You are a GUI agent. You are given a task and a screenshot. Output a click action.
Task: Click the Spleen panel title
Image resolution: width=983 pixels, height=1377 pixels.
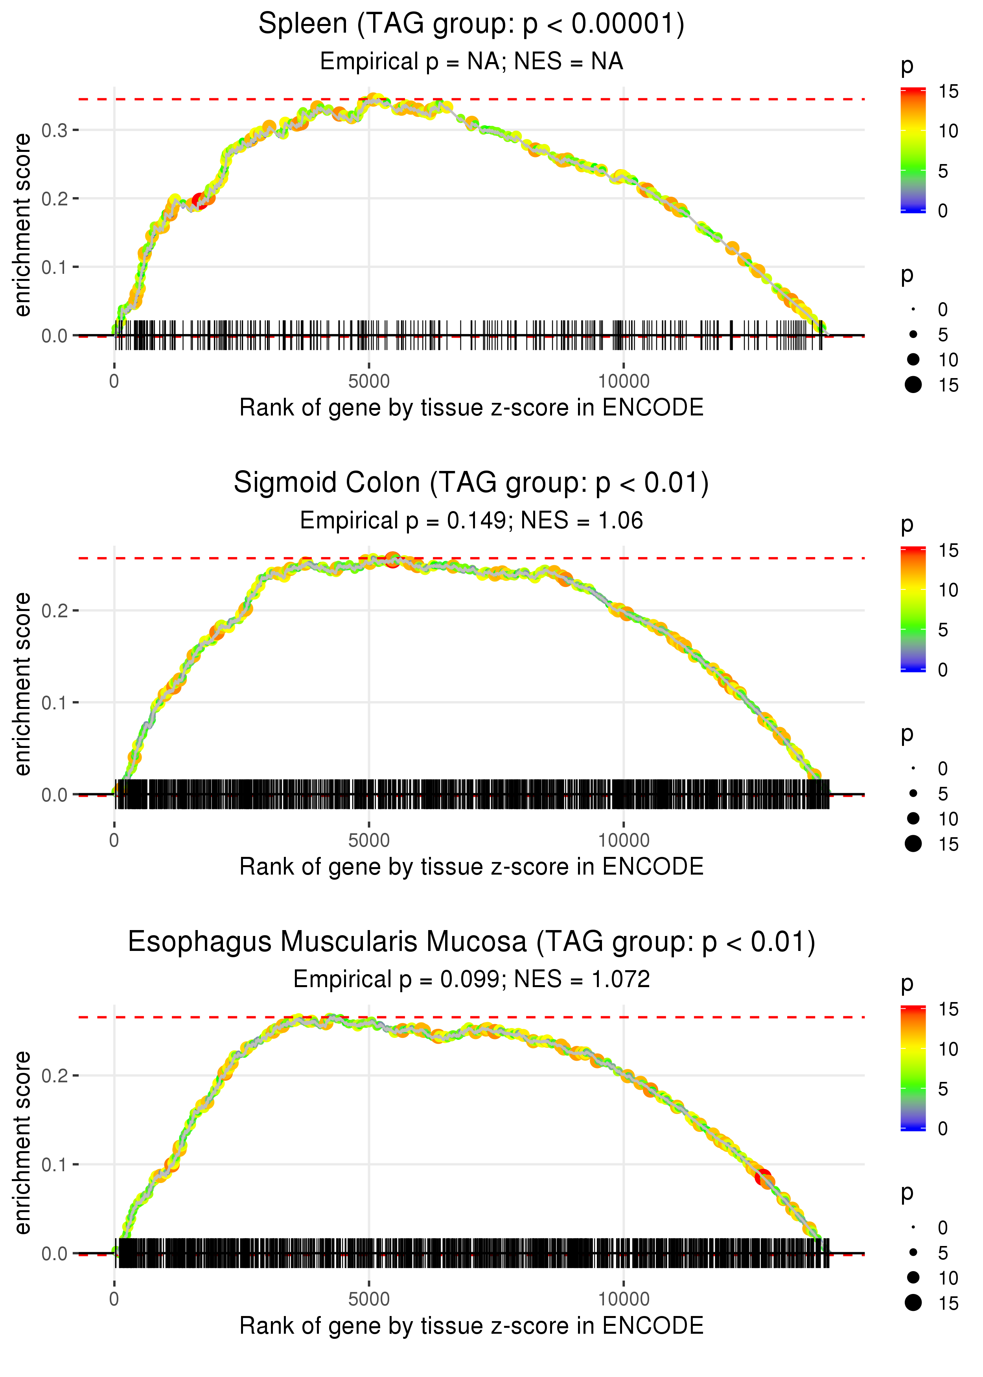tap(471, 24)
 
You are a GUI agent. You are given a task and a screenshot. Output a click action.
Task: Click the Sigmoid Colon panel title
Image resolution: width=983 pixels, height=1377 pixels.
tap(471, 483)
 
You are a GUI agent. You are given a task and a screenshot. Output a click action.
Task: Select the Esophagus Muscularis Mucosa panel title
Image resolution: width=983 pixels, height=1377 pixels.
tap(471, 942)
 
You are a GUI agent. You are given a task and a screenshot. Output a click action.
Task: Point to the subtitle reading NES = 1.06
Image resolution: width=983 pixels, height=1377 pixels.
tap(471, 521)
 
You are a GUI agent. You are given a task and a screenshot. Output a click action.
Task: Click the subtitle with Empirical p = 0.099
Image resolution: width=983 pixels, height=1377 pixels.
tap(471, 979)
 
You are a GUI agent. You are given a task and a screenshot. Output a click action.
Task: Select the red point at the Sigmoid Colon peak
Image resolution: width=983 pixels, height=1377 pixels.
tap(392, 559)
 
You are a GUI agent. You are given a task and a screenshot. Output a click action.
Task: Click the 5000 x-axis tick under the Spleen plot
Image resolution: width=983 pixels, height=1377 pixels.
tap(369, 382)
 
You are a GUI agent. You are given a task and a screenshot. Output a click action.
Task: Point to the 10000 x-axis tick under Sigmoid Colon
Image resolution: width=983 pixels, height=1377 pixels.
tap(624, 840)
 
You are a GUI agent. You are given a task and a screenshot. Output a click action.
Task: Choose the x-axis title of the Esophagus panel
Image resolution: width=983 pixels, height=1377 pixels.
tap(471, 1325)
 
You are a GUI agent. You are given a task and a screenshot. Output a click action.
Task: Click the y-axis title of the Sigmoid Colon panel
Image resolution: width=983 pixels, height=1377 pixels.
tap(22, 684)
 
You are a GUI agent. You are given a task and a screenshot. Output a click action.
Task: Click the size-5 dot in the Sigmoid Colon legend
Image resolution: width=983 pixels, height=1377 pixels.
tap(913, 793)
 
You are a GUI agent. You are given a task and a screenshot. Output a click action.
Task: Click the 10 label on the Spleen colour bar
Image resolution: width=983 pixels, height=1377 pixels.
tap(948, 131)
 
